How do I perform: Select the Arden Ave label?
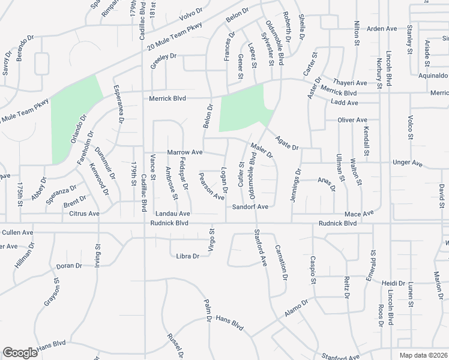[382, 28]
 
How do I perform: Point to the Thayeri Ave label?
[349, 83]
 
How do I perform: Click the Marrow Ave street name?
[185, 153]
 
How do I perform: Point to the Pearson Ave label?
[211, 186]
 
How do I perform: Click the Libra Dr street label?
[187, 256]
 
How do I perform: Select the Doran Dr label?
[69, 266]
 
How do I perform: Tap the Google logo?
[20, 353]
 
